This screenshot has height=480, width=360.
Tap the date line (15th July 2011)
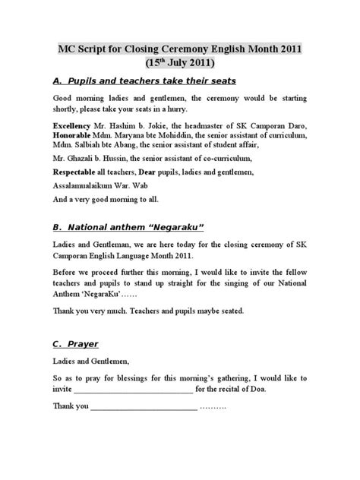tap(180, 64)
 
